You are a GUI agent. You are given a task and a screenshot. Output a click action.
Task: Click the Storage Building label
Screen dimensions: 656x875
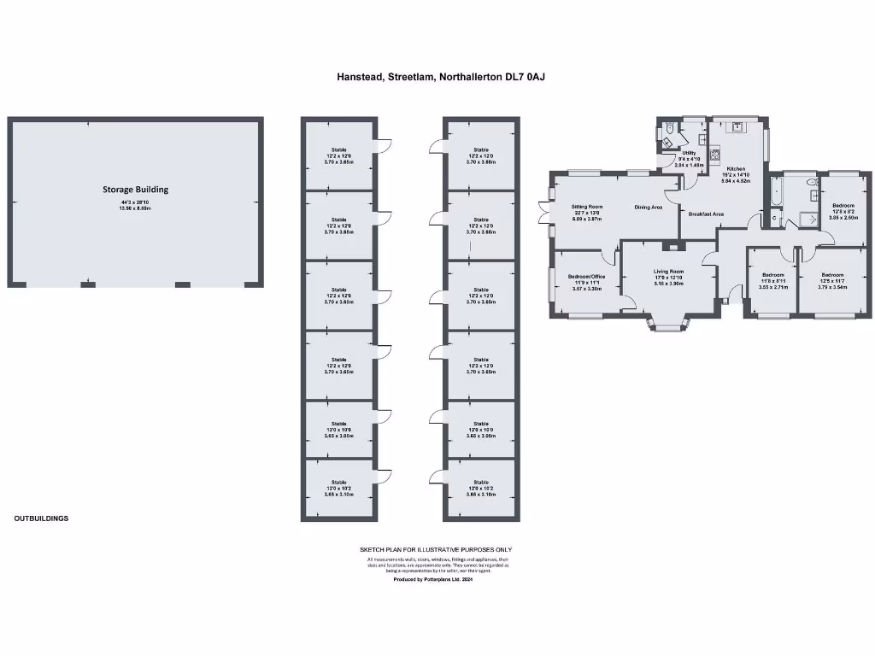(136, 190)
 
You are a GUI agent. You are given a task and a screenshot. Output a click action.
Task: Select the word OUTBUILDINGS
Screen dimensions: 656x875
(41, 518)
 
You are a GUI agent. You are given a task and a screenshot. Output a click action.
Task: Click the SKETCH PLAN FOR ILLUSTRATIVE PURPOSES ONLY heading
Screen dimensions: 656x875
(436, 549)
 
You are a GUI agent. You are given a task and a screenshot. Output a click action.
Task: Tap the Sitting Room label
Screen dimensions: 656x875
(588, 207)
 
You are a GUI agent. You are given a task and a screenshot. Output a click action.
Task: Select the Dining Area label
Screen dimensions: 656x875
(649, 207)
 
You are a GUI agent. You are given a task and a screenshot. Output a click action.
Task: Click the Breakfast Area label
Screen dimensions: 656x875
(707, 214)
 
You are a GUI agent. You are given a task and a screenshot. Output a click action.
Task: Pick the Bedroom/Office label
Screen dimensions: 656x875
(587, 277)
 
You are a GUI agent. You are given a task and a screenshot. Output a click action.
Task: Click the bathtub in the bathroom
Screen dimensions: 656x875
(776, 193)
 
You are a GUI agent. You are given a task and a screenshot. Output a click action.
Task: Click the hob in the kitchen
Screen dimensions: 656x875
(716, 157)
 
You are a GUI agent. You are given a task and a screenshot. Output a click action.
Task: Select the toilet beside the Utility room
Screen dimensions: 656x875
(671, 129)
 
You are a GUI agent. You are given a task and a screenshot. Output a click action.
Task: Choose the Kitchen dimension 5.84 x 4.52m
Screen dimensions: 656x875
(736, 181)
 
